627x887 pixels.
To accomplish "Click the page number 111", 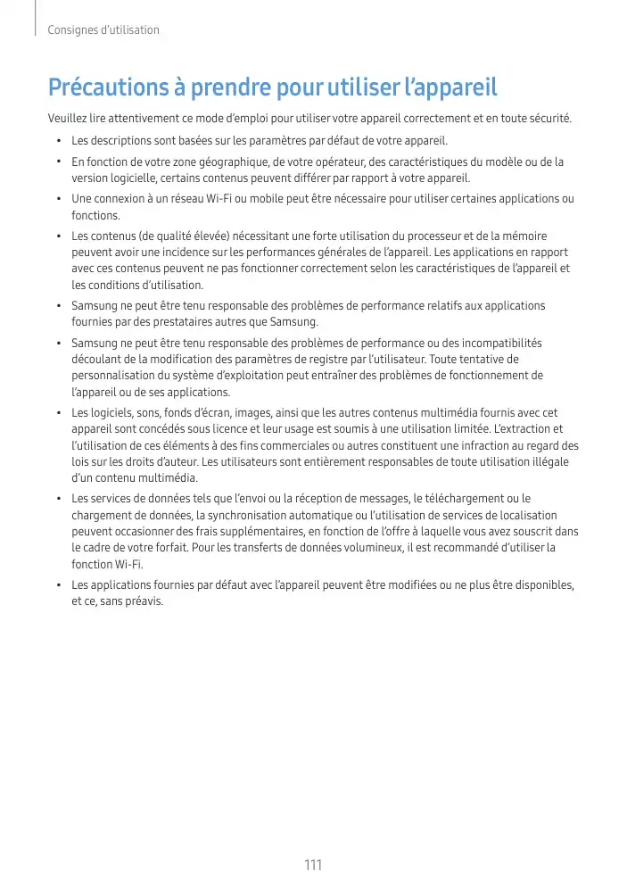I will pos(313,866).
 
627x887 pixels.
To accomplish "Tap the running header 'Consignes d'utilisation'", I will pos(104,30).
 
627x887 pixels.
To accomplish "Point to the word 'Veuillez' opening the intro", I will pos(69,119).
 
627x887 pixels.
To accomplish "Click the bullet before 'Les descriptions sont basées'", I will pos(57,141).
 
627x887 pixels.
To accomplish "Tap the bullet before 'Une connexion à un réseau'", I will pos(57,199).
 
